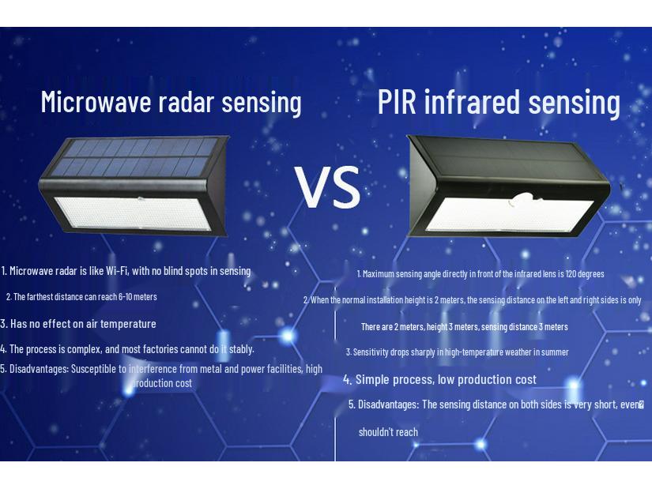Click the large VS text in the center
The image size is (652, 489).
(328, 186)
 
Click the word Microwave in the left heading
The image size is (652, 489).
(96, 101)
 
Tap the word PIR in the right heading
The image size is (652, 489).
(397, 101)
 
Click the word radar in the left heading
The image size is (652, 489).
(187, 101)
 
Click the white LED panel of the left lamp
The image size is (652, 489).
(133, 213)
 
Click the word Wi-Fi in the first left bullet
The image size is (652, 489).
(117, 271)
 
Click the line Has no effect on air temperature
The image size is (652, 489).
(78, 324)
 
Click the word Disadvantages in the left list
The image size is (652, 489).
(39, 369)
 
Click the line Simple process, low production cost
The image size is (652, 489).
(440, 380)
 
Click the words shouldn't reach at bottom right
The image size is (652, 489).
(388, 432)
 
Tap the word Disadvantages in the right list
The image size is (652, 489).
(388, 404)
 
